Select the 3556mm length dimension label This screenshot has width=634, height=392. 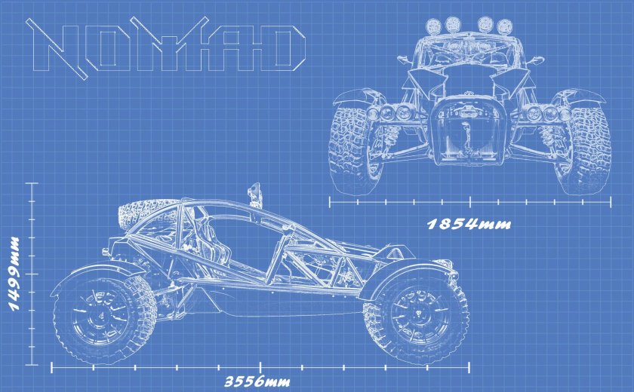257,381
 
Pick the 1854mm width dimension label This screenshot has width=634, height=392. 469,224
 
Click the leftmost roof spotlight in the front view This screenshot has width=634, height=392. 435,25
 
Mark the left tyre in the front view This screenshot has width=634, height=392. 352,147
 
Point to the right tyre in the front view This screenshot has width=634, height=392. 586,147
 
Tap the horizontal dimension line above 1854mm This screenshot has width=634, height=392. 469,201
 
